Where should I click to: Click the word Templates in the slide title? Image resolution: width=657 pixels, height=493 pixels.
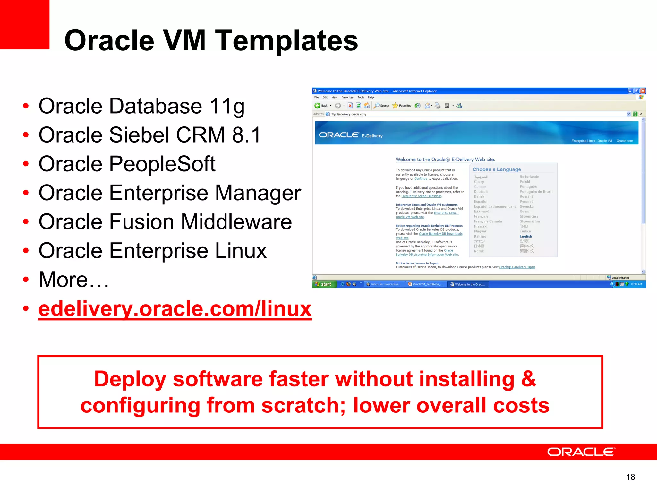point(286,41)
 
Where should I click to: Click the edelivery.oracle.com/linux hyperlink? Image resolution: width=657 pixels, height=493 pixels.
point(175,309)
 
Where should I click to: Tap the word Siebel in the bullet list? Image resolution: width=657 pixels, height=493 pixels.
point(139,135)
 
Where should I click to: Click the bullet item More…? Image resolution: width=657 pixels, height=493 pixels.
point(74,280)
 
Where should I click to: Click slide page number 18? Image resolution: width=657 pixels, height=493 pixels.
point(630,477)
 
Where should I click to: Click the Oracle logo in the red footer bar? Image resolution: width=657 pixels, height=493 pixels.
point(581,452)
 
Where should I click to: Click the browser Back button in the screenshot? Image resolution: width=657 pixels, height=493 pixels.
point(321,106)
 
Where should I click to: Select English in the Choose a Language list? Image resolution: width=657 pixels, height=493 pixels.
point(526,236)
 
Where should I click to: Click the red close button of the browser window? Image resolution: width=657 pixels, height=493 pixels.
point(643,91)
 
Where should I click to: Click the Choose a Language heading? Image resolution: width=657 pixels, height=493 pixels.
point(497,169)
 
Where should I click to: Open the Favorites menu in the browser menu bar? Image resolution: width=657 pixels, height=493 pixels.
point(347,97)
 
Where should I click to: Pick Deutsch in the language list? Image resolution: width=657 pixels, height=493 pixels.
point(481,192)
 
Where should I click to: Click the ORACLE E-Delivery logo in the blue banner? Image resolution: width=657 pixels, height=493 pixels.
point(350,135)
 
